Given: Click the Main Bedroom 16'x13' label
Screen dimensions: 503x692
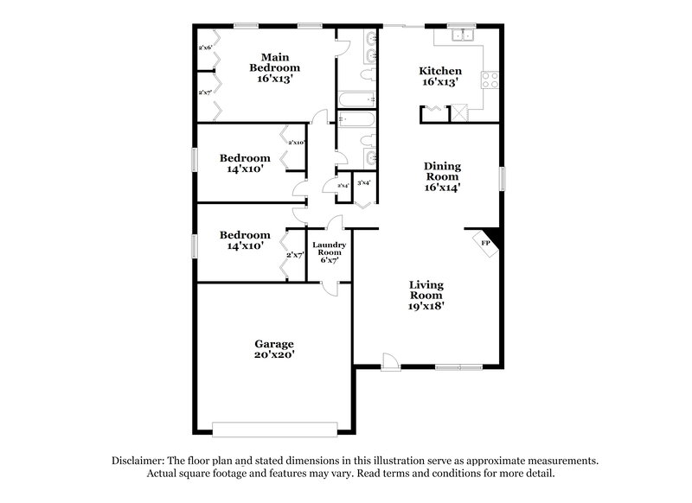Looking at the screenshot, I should (275, 68).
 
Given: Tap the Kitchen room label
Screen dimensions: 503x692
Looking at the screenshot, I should (440, 77).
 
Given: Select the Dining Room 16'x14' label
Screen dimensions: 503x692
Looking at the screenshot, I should (441, 175).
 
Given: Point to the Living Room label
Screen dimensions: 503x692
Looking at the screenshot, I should (426, 294).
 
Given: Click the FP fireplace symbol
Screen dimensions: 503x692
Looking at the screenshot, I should (485, 245).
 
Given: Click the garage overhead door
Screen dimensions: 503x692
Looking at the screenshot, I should (274, 429).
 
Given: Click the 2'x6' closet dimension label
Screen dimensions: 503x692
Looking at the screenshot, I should (206, 48).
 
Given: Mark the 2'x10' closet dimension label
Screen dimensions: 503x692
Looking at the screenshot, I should (297, 143).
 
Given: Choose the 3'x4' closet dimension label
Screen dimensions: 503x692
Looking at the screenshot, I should (364, 183).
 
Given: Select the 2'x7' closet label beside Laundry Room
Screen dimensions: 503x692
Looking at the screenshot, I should (295, 255).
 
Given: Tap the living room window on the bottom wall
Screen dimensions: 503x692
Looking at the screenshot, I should (458, 367).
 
